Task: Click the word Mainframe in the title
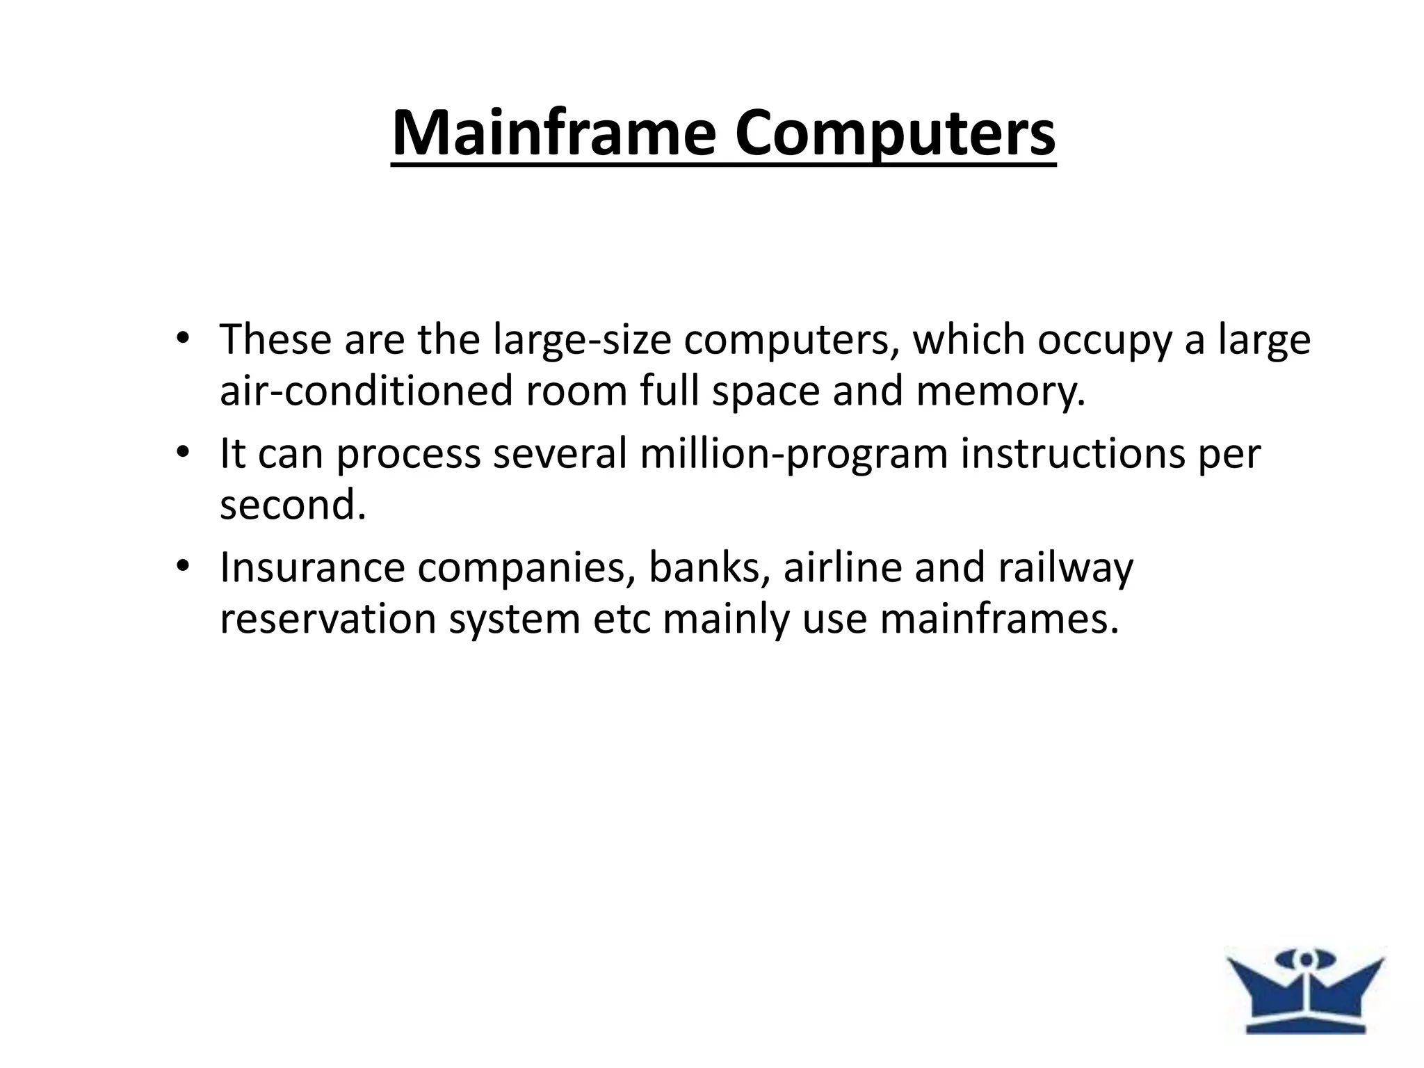point(553,133)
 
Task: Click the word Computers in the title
point(896,133)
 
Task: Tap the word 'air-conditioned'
point(366,391)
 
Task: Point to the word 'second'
point(292,505)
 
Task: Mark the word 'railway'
point(1065,569)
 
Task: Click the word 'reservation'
point(327,619)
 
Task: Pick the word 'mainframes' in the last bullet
point(999,619)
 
